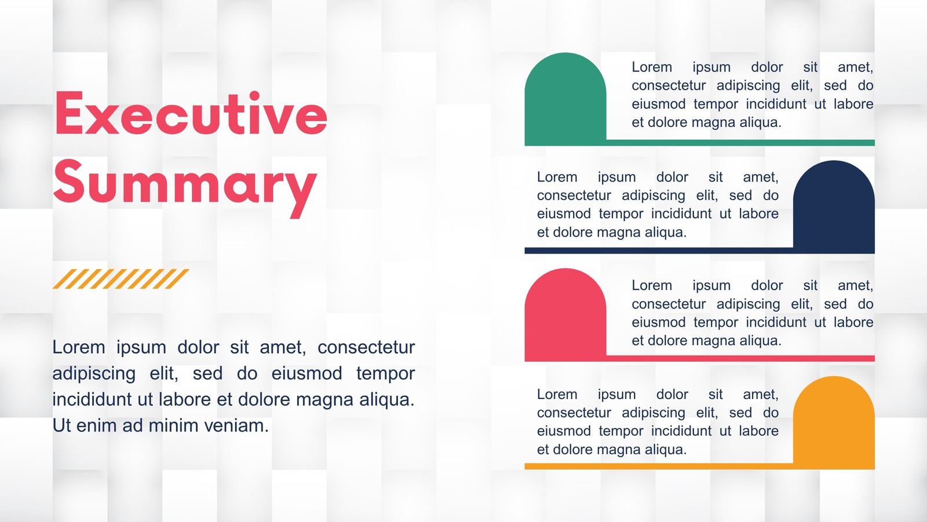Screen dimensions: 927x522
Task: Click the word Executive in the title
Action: coord(191,113)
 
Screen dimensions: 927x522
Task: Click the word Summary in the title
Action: coord(185,188)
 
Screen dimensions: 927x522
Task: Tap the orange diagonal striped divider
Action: coord(121,279)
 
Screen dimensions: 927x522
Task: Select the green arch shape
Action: coord(565,99)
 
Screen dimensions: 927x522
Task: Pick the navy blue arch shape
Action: coord(834,206)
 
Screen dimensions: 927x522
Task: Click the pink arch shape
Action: coord(565,314)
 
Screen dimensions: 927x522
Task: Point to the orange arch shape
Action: coord(834,422)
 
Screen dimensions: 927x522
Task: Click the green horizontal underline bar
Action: coord(741,143)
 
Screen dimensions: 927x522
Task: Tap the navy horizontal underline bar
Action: coord(659,251)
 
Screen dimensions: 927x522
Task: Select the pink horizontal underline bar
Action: coord(741,358)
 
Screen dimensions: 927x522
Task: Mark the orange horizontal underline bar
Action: coord(659,466)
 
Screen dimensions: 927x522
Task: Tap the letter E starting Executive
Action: coord(69,113)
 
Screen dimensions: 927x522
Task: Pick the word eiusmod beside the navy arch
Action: coord(564,214)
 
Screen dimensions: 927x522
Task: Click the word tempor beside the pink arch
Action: coord(716,322)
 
